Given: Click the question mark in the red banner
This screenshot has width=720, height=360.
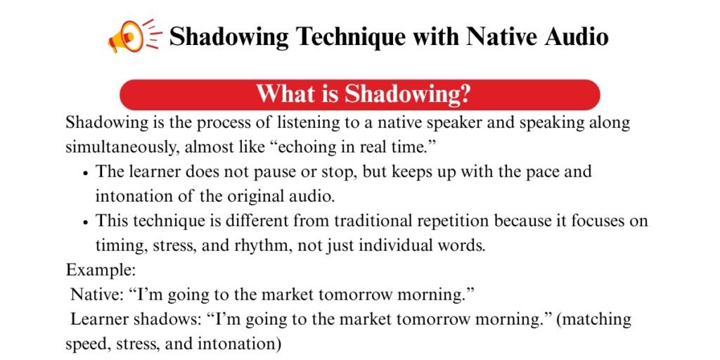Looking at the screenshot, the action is [x=465, y=94].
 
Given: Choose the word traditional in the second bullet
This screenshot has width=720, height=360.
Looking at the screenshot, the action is [x=373, y=221].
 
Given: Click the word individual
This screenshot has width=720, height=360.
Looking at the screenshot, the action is [x=393, y=245].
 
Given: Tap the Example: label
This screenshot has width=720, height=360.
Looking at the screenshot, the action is [x=101, y=270].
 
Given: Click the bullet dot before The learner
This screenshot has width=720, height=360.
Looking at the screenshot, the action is [x=85, y=174].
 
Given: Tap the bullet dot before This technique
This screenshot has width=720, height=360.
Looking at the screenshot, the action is [x=85, y=222].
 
